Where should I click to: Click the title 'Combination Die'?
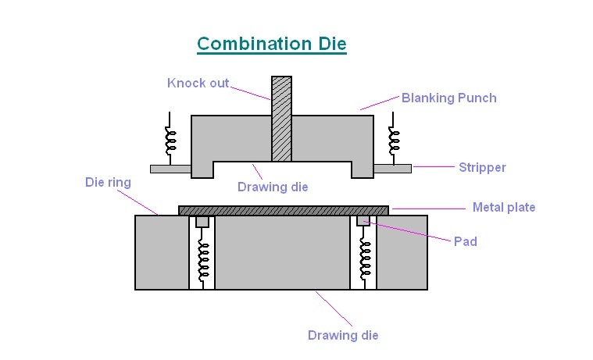point(272,44)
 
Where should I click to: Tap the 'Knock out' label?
point(198,84)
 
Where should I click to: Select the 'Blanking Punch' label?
point(449,98)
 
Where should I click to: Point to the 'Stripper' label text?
point(482,167)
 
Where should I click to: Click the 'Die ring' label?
point(108,182)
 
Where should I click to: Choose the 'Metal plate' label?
point(504,207)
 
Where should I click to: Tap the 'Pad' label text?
point(465,241)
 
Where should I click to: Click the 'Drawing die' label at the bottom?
point(343,336)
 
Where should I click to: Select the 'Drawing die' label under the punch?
point(273,187)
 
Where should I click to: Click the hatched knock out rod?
point(281,119)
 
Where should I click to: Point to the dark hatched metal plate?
point(284,211)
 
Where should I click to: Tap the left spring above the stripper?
point(170,140)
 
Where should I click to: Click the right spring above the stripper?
point(394,140)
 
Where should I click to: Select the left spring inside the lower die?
point(203,260)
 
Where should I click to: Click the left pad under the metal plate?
point(202,222)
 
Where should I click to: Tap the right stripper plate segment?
point(392,169)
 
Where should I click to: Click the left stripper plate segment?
point(170,169)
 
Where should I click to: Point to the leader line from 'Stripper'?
point(434,166)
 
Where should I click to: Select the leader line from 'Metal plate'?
point(429,208)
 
